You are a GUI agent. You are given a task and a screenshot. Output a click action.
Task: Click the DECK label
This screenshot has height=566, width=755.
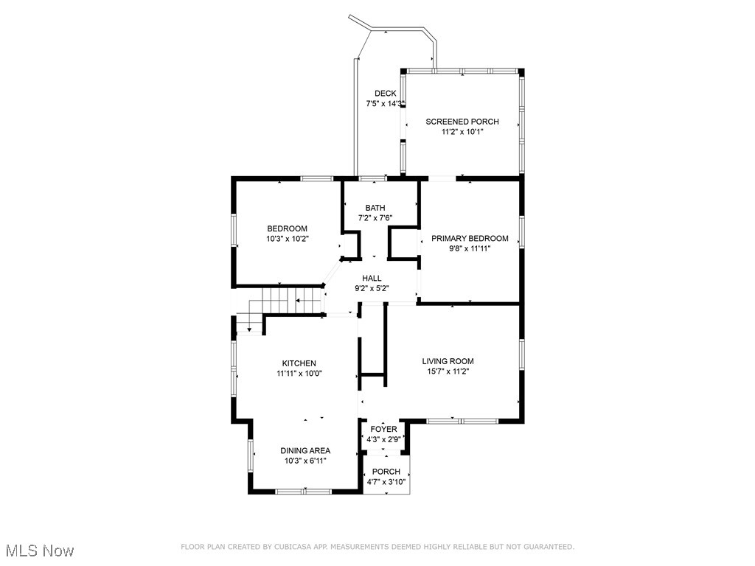tap(385, 94)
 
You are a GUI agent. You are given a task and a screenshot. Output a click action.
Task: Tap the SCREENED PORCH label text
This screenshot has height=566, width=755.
tap(462, 122)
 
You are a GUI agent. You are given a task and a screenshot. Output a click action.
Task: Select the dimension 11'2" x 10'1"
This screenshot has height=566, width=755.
tap(462, 132)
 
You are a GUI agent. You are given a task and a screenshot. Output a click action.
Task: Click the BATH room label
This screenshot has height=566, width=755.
tap(375, 208)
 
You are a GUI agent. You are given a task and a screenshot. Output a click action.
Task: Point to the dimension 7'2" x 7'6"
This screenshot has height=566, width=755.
tap(375, 218)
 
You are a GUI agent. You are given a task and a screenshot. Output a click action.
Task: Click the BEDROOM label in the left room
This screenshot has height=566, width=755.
tap(287, 228)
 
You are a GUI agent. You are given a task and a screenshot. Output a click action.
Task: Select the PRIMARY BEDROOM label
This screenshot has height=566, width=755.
tap(470, 238)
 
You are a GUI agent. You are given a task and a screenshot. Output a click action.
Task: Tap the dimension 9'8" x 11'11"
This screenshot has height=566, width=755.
tap(470, 248)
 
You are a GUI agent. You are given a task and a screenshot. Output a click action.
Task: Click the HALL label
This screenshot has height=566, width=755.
tap(372, 278)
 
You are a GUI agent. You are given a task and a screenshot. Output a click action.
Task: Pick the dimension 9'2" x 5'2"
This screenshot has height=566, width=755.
tap(372, 288)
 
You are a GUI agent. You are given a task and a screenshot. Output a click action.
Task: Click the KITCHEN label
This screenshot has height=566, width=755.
tap(299, 363)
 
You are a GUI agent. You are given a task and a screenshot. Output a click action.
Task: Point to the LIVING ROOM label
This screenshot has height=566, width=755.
tap(448, 361)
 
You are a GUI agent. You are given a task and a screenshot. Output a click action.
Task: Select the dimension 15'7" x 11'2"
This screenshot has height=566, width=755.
tap(448, 371)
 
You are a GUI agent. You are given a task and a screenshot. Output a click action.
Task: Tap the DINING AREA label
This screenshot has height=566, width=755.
tap(305, 450)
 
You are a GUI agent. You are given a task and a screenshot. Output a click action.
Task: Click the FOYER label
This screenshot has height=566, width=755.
tap(383, 429)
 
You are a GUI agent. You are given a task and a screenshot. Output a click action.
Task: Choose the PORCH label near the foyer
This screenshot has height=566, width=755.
tap(386, 472)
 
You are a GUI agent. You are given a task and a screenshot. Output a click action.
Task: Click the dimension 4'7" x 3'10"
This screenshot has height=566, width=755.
tap(386, 482)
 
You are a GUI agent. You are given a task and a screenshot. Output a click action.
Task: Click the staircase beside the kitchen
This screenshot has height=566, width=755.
tap(284, 301)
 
